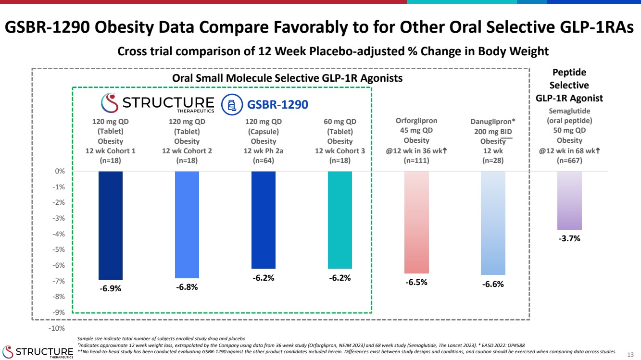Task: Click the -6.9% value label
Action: pyautogui.click(x=110, y=289)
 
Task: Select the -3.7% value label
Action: pyautogui.click(x=569, y=239)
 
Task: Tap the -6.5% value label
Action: pyautogui.click(x=416, y=283)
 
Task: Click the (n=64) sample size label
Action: pyautogui.click(x=263, y=161)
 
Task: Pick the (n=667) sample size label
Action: pyautogui.click(x=570, y=161)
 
